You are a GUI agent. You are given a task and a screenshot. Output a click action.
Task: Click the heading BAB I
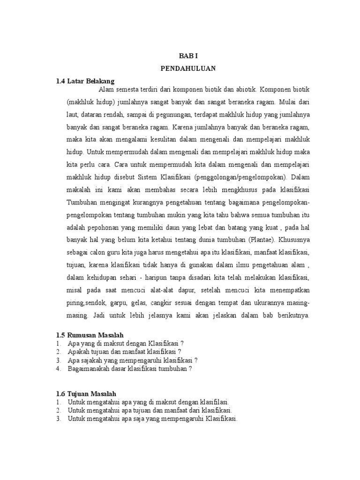point(188,55)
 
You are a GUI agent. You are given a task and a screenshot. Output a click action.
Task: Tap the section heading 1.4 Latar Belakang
point(85,81)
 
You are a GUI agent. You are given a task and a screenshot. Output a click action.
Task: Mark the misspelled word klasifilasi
point(213,402)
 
